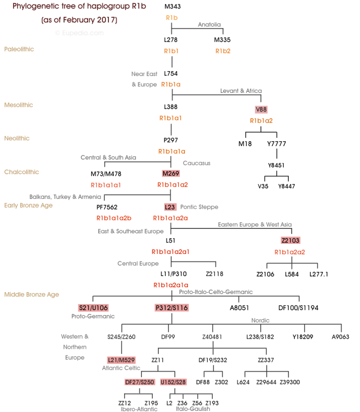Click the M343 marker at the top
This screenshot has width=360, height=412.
[x=172, y=6]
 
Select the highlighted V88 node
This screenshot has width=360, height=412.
[x=261, y=109]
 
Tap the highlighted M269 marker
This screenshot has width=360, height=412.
[x=170, y=173]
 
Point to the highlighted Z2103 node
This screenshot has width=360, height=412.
[x=291, y=241]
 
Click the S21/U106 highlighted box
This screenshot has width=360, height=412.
[x=93, y=308]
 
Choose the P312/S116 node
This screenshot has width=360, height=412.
[x=172, y=308]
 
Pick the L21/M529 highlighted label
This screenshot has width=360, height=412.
[x=121, y=360]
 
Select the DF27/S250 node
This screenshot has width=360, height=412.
[x=139, y=382]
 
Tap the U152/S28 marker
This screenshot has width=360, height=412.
[x=174, y=382]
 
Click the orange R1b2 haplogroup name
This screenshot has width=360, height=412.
[x=223, y=51]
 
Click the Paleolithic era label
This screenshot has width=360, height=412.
[x=19, y=49]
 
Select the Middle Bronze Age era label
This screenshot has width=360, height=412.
[x=31, y=295]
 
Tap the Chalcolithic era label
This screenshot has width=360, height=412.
[x=22, y=172]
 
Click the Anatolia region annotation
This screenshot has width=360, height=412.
[x=209, y=25]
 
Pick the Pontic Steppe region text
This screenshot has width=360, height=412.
[x=199, y=207]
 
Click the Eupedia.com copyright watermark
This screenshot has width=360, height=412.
[x=79, y=33]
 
